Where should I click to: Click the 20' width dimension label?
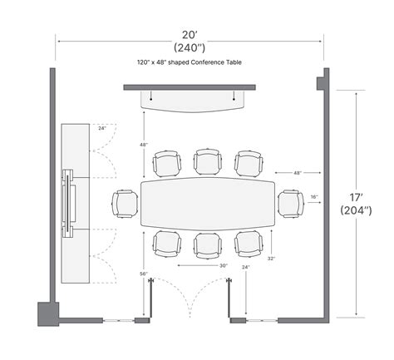190,35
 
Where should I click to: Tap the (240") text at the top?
190,48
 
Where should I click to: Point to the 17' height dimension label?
356,198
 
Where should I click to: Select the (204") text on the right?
356,210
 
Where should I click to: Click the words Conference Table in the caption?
216,62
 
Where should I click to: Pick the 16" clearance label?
314,197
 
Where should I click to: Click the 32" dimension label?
271,259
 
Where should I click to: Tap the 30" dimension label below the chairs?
224,265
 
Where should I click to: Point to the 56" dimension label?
144,274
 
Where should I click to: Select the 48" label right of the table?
298,173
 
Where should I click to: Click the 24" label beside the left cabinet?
102,128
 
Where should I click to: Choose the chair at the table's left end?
125,204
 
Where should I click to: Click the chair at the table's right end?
291,204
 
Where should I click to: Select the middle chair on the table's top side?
208,162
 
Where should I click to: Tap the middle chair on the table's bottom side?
208,245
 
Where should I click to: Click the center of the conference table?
208,204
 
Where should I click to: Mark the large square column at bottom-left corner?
48,313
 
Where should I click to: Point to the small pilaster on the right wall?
320,83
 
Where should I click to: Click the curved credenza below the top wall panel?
193,101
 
